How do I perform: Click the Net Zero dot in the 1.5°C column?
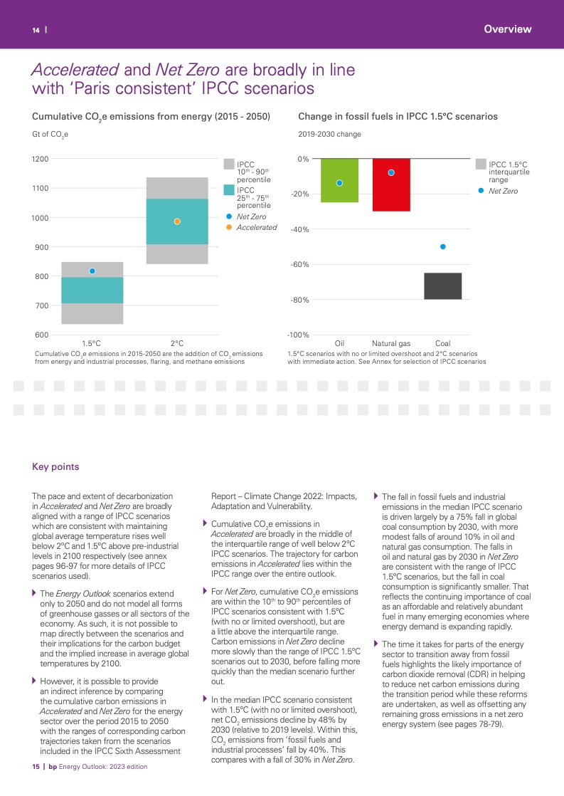(92, 271)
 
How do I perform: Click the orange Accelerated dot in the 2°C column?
(177, 221)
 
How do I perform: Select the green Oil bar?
(339, 180)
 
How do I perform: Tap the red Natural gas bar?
(391, 185)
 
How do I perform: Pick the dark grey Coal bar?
(442, 286)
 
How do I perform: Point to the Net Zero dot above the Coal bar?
(442, 246)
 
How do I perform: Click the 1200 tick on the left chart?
(41, 159)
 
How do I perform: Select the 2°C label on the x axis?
(177, 344)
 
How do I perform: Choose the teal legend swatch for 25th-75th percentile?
(229, 190)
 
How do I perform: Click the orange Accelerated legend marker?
(229, 227)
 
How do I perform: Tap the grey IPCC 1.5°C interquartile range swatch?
(481, 164)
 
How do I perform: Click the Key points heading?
(55, 467)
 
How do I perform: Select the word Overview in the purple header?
(507, 29)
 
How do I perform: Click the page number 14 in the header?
(35, 30)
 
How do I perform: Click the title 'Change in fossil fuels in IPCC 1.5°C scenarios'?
(398, 116)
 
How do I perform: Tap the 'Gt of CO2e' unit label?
(50, 134)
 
